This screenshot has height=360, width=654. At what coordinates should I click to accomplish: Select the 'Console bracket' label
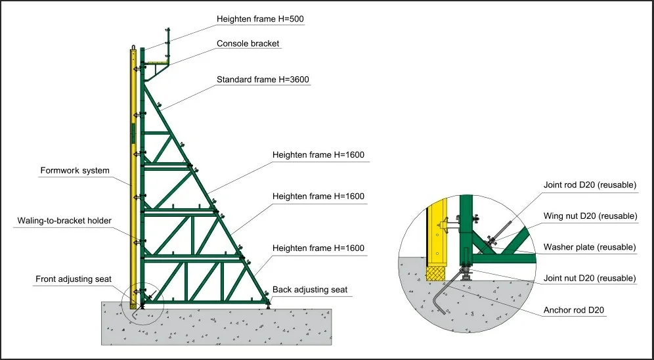[x=248, y=44]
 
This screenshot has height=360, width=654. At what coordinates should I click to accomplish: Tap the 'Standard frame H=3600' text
[x=263, y=79]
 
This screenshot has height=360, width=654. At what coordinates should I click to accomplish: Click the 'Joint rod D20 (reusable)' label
[x=589, y=185]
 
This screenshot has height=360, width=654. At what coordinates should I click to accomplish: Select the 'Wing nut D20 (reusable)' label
[x=590, y=216]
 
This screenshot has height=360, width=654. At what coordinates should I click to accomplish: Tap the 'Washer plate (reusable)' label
[x=589, y=247]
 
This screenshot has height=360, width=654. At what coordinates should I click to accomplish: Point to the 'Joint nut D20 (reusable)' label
[x=589, y=279]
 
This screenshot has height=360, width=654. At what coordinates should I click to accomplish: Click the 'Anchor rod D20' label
[x=575, y=309]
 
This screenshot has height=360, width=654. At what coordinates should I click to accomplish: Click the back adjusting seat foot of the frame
[x=268, y=300]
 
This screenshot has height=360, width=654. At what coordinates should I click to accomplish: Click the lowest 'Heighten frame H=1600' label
[x=318, y=248]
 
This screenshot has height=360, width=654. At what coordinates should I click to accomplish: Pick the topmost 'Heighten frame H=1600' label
[x=318, y=155]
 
